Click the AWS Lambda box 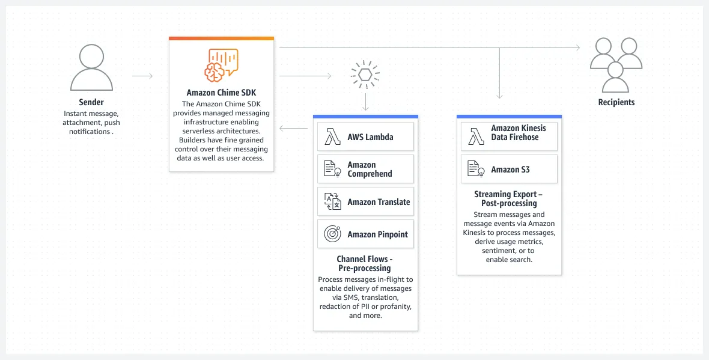365,136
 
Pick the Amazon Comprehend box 365,169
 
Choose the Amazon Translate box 365,202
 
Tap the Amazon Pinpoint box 365,234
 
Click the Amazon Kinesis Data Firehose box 510,136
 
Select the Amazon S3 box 510,169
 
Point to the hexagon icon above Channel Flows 365,75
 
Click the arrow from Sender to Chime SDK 142,76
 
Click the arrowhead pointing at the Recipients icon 577,47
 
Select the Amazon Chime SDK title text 221,93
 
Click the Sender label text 91,102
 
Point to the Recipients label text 616,102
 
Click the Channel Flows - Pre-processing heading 365,263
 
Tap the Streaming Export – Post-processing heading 509,198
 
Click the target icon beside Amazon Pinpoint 332,234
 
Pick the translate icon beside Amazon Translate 332,202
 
